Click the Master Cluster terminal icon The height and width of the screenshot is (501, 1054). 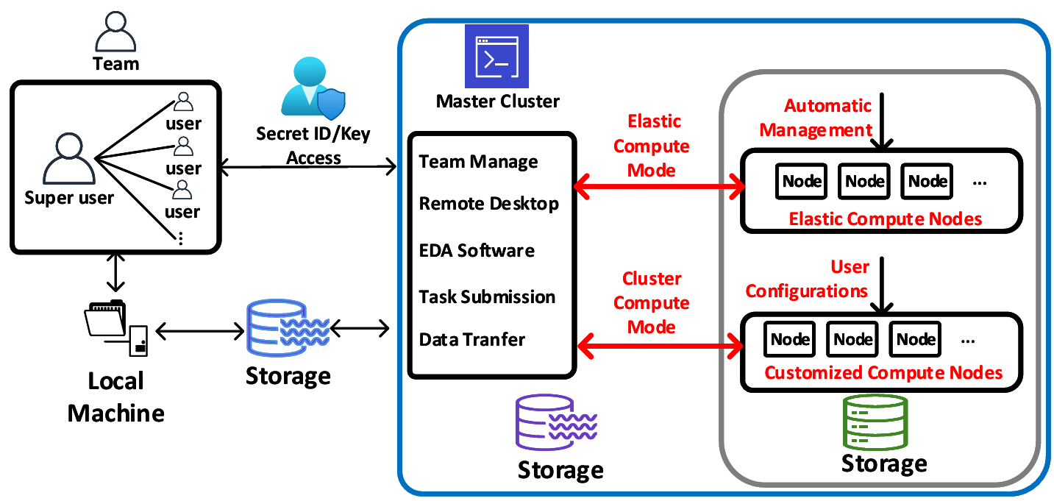[x=491, y=57]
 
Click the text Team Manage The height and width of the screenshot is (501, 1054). [x=478, y=162]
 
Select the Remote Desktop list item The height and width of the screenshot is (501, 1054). [x=488, y=204]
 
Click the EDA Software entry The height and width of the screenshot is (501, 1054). [x=477, y=250]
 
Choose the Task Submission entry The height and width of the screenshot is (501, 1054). [x=487, y=297]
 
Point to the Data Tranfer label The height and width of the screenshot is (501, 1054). [x=472, y=340]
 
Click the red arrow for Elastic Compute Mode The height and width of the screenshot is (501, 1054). [x=658, y=188]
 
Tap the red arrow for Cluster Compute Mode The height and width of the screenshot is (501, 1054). [x=658, y=344]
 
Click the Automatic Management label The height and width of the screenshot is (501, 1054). [x=816, y=118]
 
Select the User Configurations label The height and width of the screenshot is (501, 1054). [x=808, y=279]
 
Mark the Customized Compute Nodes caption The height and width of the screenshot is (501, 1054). [x=883, y=373]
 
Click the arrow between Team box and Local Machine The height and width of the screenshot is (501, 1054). [x=114, y=273]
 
